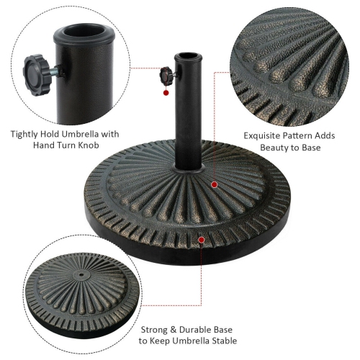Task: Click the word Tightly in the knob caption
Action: (x=25, y=133)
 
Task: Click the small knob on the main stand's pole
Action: (x=166, y=74)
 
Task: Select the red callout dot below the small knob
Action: (x=166, y=93)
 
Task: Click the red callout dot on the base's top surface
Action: (x=214, y=185)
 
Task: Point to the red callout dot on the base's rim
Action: (x=202, y=239)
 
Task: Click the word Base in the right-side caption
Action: (x=310, y=147)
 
